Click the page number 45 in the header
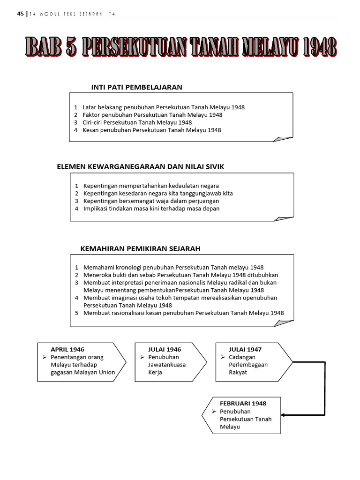point(20,14)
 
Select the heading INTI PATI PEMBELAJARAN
point(136,87)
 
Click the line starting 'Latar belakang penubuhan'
point(163,107)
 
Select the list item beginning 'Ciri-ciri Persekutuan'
point(137,122)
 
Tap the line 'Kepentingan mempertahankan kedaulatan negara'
point(151,186)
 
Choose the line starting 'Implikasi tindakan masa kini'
point(151,209)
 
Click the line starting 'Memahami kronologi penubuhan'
point(173,268)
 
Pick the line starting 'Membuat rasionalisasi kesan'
point(183,313)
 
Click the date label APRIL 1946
point(67,349)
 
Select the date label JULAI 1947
point(245,349)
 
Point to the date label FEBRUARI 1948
point(243,403)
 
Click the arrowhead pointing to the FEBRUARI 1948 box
point(285,414)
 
